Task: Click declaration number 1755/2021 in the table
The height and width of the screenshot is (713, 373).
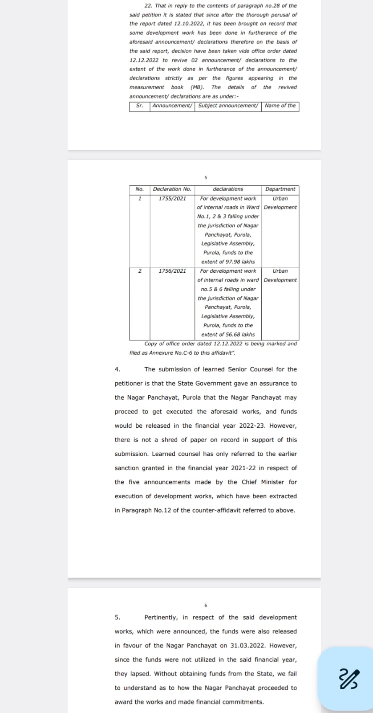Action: [x=172, y=198]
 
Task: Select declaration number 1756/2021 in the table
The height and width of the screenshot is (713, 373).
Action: [x=172, y=271]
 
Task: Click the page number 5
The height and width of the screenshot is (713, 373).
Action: [x=206, y=177]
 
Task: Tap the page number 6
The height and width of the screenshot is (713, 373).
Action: [x=206, y=605]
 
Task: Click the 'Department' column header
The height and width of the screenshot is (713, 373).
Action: [x=280, y=189]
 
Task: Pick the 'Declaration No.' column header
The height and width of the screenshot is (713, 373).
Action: [x=172, y=189]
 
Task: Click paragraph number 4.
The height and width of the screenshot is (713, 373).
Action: [x=117, y=369]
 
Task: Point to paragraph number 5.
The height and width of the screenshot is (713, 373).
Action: [x=117, y=618]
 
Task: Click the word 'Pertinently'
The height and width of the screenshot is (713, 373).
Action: [x=161, y=618]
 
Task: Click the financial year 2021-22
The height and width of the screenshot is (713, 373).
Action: [x=241, y=468]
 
